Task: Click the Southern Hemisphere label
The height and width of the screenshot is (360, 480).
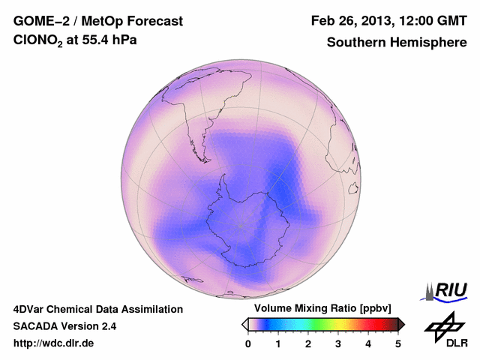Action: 397,43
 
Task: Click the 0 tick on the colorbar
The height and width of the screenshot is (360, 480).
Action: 248,343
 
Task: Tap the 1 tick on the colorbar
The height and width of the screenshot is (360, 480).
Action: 278,343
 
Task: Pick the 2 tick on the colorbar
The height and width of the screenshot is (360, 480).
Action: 308,343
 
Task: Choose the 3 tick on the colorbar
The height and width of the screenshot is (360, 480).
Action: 338,343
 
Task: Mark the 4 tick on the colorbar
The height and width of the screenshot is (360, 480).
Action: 368,343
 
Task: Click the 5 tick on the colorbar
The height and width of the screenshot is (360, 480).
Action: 398,343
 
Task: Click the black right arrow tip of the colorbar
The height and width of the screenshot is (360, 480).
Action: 402,324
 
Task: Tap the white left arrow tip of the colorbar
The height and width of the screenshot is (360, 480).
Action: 244,324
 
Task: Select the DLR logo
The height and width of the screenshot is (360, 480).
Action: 445,331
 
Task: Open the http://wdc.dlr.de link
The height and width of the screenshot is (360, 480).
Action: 54,343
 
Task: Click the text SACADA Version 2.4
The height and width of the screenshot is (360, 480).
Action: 64,326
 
